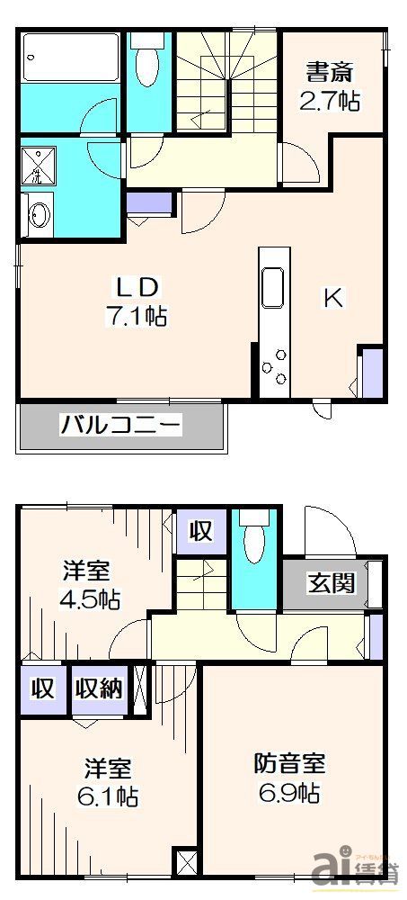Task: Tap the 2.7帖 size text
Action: [330, 100]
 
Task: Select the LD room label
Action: [136, 288]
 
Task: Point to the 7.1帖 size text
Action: [137, 316]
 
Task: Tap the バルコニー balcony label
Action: [121, 424]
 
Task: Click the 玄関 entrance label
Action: [331, 583]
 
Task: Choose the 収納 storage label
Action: [99, 689]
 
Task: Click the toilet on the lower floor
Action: [254, 540]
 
